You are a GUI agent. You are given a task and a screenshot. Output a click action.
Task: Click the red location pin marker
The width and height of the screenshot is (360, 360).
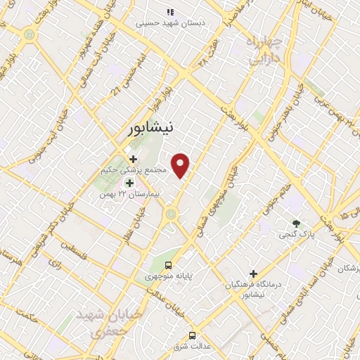[x=181, y=165]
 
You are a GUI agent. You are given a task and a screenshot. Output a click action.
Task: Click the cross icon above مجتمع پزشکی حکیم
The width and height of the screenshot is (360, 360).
[x=133, y=159]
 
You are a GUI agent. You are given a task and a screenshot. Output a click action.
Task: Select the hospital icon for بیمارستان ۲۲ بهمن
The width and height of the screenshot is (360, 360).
[x=129, y=184]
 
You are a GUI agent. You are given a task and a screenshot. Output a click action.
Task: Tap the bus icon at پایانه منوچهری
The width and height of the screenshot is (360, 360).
[x=167, y=265]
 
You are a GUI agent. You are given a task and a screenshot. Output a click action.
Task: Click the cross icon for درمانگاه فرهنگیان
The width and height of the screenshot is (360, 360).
[x=253, y=274]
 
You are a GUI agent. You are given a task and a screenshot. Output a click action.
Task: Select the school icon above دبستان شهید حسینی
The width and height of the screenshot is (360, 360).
[x=169, y=12]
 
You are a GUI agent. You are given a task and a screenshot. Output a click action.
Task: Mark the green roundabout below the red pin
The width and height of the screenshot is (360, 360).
[x=170, y=212]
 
